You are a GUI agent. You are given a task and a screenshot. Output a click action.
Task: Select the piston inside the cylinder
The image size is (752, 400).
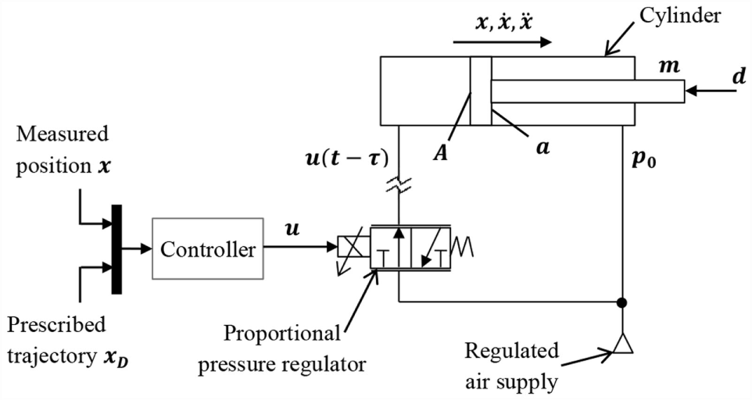pyautogui.click(x=480, y=91)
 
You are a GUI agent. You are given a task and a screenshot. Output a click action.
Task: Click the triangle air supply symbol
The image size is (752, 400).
pyautogui.click(x=623, y=345)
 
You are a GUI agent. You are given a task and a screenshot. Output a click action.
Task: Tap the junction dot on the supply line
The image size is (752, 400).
pyautogui.click(x=623, y=302)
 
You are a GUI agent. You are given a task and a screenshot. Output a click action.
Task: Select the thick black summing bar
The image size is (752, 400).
pyautogui.click(x=116, y=248)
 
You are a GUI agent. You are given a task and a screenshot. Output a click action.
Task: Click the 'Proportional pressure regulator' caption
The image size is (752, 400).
pyautogui.click(x=282, y=348)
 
